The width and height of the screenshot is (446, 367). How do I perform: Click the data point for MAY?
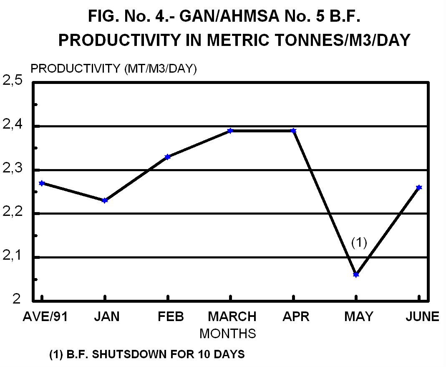point(356,274)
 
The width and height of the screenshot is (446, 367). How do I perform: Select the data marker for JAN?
point(105,200)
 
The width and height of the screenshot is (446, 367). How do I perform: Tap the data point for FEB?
point(168,157)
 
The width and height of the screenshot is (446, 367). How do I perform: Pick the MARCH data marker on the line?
point(230,131)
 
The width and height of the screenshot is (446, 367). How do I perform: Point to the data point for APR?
point(293,131)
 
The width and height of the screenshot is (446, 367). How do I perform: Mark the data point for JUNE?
point(419,187)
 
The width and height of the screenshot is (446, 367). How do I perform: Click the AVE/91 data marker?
point(42,183)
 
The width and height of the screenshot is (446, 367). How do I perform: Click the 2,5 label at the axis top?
point(13,81)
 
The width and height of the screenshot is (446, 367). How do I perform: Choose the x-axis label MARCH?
point(232,316)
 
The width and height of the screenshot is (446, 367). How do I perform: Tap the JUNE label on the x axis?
point(422,316)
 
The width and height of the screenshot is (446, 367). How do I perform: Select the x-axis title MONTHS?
point(227,334)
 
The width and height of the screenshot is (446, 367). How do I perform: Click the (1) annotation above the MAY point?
point(359,243)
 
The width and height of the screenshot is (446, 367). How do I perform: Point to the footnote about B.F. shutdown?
point(147,355)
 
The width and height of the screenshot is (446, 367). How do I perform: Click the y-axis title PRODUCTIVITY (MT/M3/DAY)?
point(113,68)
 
